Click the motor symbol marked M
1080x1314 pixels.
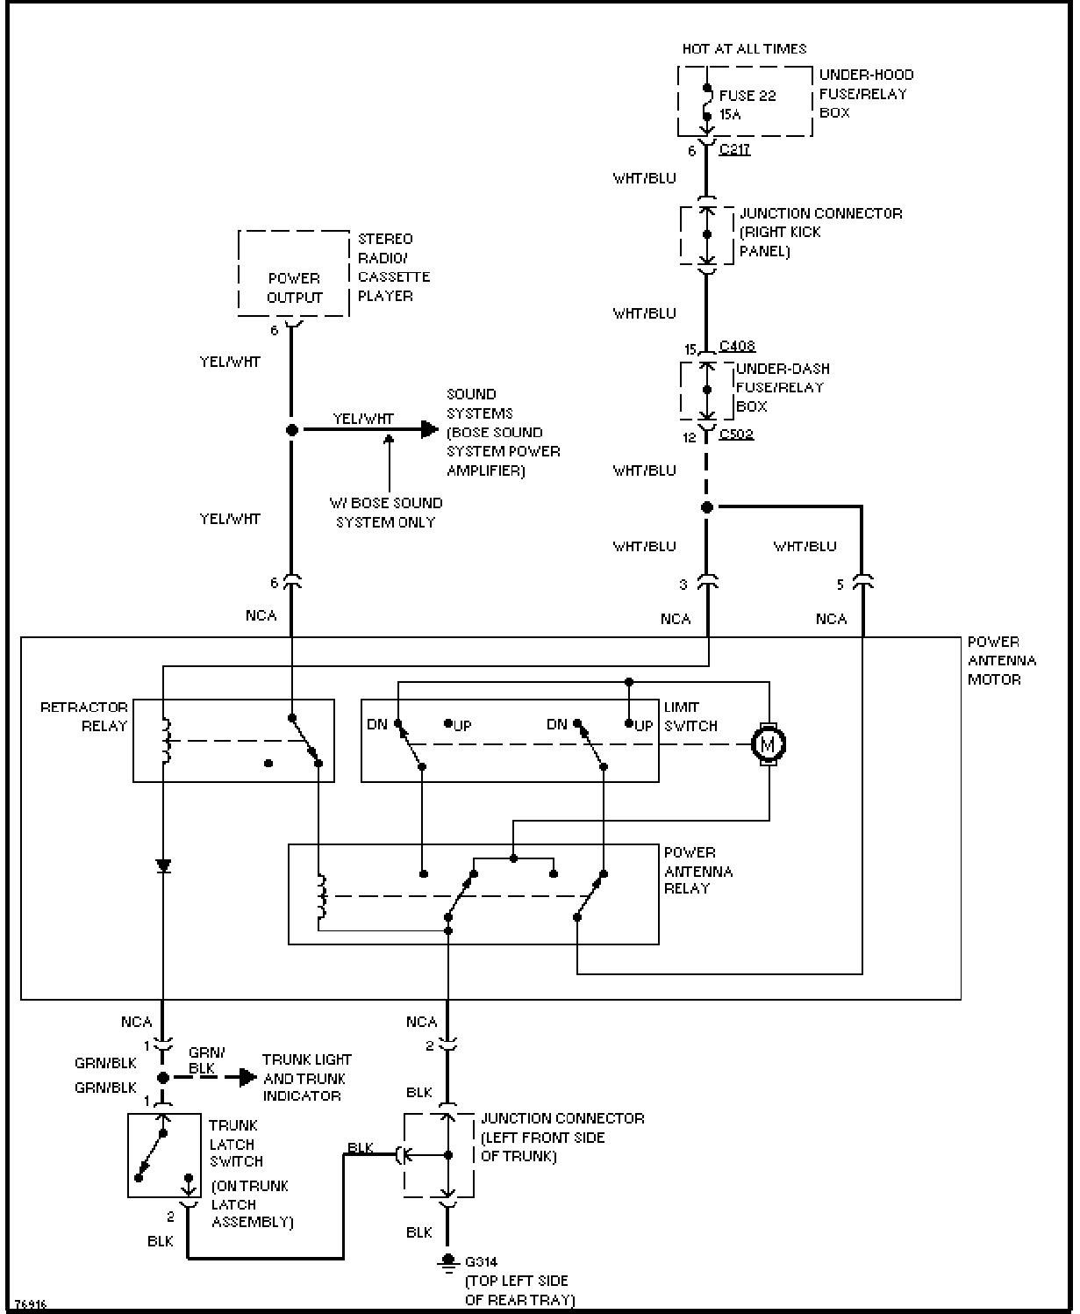click(769, 744)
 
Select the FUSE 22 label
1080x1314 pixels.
click(747, 96)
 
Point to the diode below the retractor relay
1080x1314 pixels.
click(163, 866)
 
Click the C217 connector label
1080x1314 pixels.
click(734, 149)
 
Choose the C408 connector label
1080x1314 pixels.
click(737, 346)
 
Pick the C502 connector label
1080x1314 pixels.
click(736, 434)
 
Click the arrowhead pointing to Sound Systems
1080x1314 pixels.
click(430, 429)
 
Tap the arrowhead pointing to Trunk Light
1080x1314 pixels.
click(248, 1077)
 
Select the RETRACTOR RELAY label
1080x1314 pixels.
click(84, 716)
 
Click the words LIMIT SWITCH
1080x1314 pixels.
click(690, 716)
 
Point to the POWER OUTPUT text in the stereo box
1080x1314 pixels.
click(295, 288)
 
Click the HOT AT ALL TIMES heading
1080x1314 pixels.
click(744, 48)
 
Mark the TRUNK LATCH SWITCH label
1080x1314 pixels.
click(236, 1144)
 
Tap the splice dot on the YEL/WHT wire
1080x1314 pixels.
click(291, 430)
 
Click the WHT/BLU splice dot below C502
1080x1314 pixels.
click(706, 507)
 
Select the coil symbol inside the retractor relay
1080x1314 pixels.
click(167, 741)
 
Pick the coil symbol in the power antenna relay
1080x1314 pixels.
click(321, 896)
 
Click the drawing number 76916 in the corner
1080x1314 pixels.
click(31, 1304)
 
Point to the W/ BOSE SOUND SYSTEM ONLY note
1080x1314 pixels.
click(386, 512)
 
